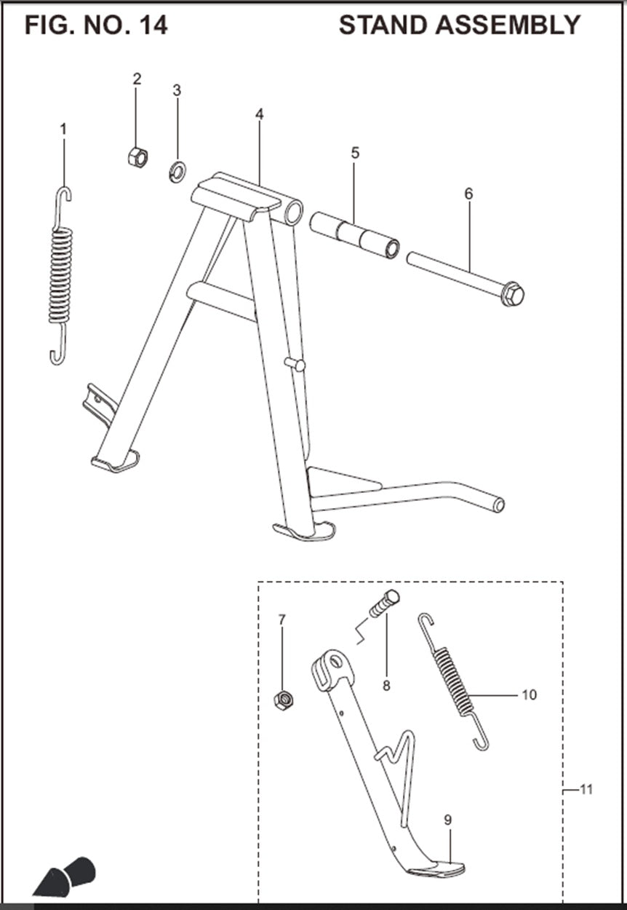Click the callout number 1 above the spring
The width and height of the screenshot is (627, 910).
pyautogui.click(x=63, y=130)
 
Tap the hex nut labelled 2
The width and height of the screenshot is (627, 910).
pyautogui.click(x=138, y=157)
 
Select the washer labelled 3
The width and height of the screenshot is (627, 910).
pyautogui.click(x=177, y=172)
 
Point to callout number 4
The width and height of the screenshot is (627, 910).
pyautogui.click(x=260, y=114)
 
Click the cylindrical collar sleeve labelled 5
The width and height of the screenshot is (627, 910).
pyautogui.click(x=355, y=236)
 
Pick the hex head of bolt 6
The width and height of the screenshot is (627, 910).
pyautogui.click(x=513, y=293)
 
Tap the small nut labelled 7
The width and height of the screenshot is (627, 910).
pyautogui.click(x=284, y=700)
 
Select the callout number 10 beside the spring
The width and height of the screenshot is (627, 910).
pyautogui.click(x=530, y=695)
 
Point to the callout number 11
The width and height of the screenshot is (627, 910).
pyautogui.click(x=587, y=789)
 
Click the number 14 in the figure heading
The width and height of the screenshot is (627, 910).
pyautogui.click(x=153, y=25)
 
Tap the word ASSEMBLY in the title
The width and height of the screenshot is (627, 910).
pyautogui.click(x=508, y=25)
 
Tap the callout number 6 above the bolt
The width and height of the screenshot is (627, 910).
pyautogui.click(x=468, y=194)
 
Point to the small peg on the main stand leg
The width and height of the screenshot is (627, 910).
pyautogui.click(x=295, y=365)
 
